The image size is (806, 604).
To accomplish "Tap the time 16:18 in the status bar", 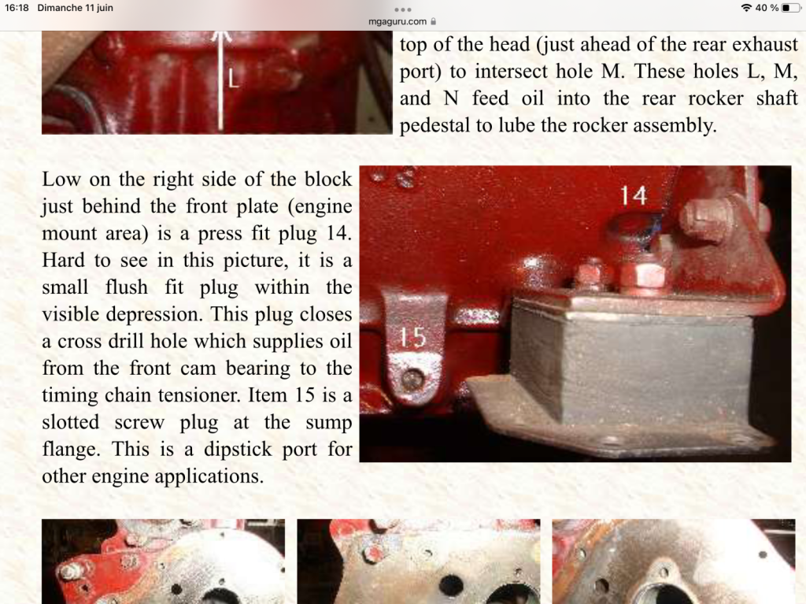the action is [x=17, y=8].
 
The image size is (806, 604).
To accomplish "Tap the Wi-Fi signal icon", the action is [x=746, y=8].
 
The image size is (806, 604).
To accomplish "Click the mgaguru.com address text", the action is [x=397, y=21].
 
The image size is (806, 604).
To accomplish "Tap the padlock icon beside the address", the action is [x=434, y=21].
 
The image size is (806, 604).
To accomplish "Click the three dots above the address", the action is [x=402, y=9].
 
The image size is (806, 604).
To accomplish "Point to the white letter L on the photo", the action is [x=233, y=80].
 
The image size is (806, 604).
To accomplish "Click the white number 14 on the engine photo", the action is [x=634, y=195].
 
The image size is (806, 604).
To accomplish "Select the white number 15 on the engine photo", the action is [x=413, y=338].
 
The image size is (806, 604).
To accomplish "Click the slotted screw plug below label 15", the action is [x=411, y=380].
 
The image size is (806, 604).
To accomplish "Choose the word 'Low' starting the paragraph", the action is [x=61, y=180].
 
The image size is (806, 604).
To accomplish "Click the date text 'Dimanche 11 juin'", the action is [x=75, y=8].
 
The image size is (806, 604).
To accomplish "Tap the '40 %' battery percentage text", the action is [x=767, y=8].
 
